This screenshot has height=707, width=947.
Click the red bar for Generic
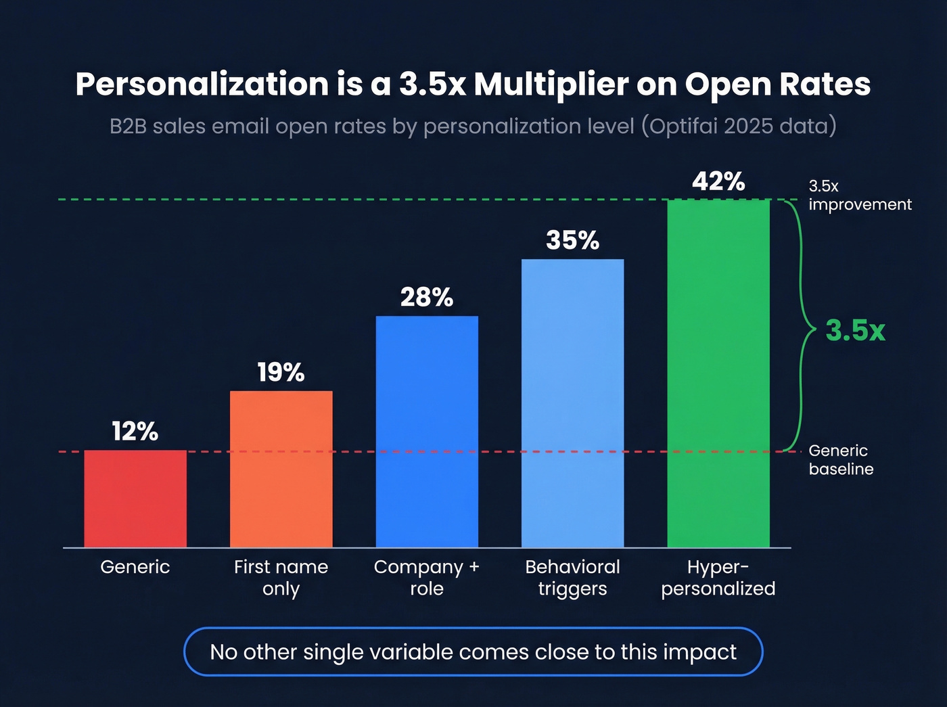point(135,499)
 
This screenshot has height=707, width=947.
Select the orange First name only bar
point(281,469)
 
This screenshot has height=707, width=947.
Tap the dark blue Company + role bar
point(427,432)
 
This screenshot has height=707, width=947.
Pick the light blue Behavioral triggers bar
point(572,403)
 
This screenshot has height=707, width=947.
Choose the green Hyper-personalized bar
point(718,373)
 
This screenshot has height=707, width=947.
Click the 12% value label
point(135,431)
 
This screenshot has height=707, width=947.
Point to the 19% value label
point(281,372)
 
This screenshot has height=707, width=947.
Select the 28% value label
point(427,297)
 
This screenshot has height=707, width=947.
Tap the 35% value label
point(572,240)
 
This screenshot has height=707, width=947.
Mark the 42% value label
point(718,181)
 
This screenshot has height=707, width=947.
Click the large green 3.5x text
point(855,331)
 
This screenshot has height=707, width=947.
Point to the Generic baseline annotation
point(840,459)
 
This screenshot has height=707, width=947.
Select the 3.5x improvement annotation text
point(859,195)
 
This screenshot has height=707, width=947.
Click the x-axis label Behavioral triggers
point(572,577)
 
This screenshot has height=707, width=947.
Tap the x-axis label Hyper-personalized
point(718,577)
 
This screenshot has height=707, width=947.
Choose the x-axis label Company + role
point(427,577)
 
